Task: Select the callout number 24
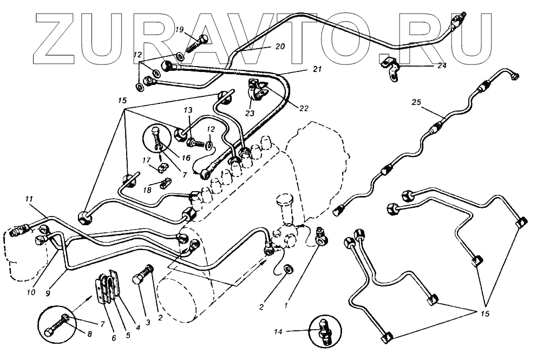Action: (442, 66)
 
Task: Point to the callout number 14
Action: (292, 331)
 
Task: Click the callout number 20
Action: (279, 47)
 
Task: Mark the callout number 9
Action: (48, 293)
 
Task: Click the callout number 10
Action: (31, 292)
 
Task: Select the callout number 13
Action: (188, 110)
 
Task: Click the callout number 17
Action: (147, 160)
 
